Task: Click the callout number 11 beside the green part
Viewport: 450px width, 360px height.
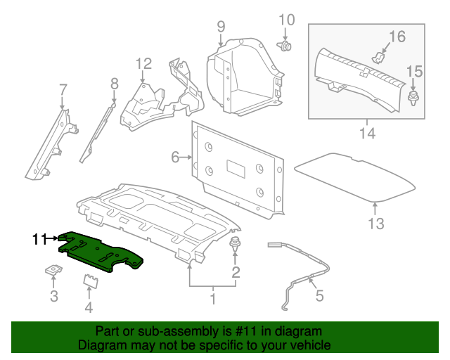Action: (39, 239)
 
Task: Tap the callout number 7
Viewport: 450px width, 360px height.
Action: (63, 89)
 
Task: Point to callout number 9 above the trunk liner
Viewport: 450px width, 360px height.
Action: (221, 27)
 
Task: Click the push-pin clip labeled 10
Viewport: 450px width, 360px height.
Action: (284, 46)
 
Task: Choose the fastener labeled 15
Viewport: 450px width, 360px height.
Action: (413, 98)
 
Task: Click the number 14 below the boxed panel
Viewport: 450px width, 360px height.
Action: (367, 134)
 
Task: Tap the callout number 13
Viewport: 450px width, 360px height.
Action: (376, 224)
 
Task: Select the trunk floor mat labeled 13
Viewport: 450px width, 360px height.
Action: (355, 177)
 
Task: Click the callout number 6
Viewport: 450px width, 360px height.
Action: (175, 157)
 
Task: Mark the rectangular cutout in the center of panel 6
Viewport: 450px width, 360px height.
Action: (236, 169)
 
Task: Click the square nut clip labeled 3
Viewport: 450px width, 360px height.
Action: (53, 270)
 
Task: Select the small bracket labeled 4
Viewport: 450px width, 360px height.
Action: (91, 281)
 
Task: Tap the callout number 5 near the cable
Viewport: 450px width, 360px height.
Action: (320, 296)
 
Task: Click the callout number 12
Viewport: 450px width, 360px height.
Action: (143, 64)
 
